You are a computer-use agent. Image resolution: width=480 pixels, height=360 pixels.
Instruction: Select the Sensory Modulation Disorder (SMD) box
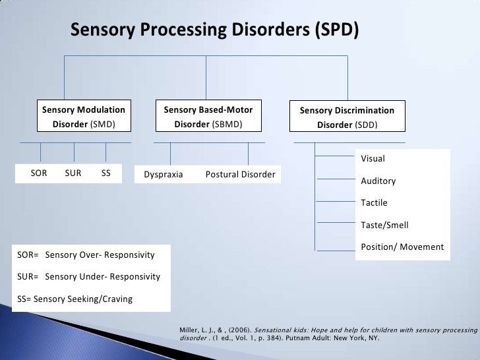pos(83,117)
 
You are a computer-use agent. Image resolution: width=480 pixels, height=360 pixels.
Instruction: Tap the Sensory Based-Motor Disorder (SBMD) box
pos(208,117)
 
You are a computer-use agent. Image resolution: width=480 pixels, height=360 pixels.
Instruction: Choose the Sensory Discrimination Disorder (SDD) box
pos(347,117)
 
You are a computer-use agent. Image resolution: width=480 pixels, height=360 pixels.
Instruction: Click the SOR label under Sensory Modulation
pos(40,174)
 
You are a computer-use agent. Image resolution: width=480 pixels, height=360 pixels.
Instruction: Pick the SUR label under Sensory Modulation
pos(73,174)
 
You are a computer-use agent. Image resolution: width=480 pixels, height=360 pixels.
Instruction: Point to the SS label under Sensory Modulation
pos(106,174)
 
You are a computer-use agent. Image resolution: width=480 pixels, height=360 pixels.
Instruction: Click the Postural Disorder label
pos(240,175)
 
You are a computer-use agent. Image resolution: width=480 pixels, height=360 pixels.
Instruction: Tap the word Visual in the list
pos(373,159)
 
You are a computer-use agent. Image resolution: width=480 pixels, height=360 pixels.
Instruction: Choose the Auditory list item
pos(378,181)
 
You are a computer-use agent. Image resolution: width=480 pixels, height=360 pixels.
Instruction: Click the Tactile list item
pos(374,203)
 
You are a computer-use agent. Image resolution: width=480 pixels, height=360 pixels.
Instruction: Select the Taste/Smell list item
pos(384,225)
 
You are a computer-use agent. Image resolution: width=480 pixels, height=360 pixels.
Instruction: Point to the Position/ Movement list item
pos(402,247)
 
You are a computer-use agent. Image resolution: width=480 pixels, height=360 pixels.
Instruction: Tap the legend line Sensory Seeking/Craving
pos(73,299)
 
